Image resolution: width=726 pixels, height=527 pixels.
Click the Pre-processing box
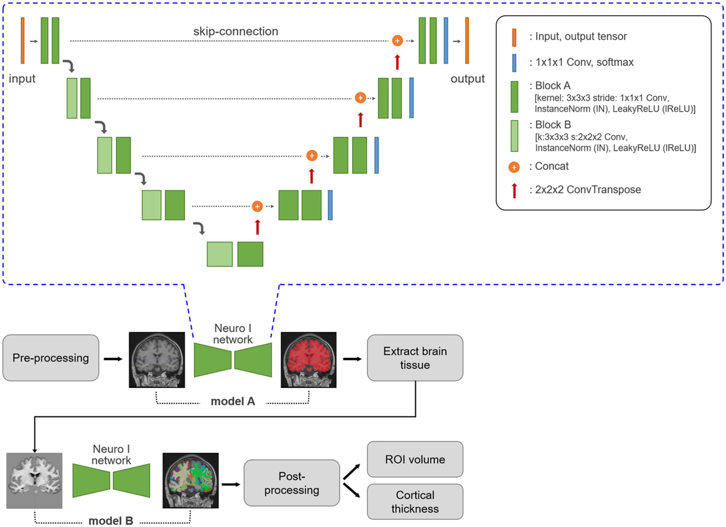pos(51,358)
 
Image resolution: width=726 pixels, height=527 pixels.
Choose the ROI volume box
pos(415,459)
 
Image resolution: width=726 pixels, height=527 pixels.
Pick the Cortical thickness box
pos(415,501)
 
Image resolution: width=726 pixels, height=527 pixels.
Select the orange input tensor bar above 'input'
pos(22,40)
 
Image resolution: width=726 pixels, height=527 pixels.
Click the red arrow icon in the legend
pos(514,190)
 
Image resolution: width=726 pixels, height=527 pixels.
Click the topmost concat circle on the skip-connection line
pos(397,40)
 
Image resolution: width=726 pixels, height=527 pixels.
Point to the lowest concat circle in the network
pos(257,206)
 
